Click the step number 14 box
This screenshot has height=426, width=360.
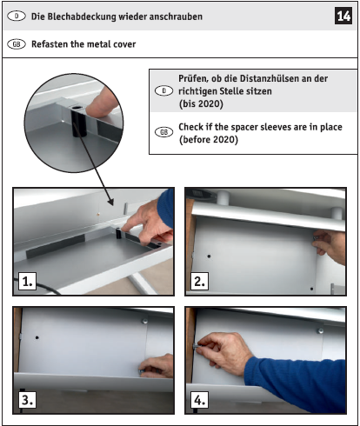[343, 16]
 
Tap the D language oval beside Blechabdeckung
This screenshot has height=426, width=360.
[17, 17]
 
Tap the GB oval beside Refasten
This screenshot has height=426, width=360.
[17, 44]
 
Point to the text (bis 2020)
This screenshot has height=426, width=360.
[201, 103]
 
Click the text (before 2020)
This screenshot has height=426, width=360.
[209, 140]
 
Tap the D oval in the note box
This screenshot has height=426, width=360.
[163, 90]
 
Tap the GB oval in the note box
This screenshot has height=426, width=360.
[163, 132]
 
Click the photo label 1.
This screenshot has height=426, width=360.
[28, 281]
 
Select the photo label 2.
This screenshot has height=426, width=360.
[199, 281]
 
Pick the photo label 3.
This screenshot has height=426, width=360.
[28, 400]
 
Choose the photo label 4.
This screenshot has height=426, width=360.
[199, 400]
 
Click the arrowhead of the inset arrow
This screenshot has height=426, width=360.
[111, 202]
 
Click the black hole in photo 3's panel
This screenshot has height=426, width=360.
[37, 337]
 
